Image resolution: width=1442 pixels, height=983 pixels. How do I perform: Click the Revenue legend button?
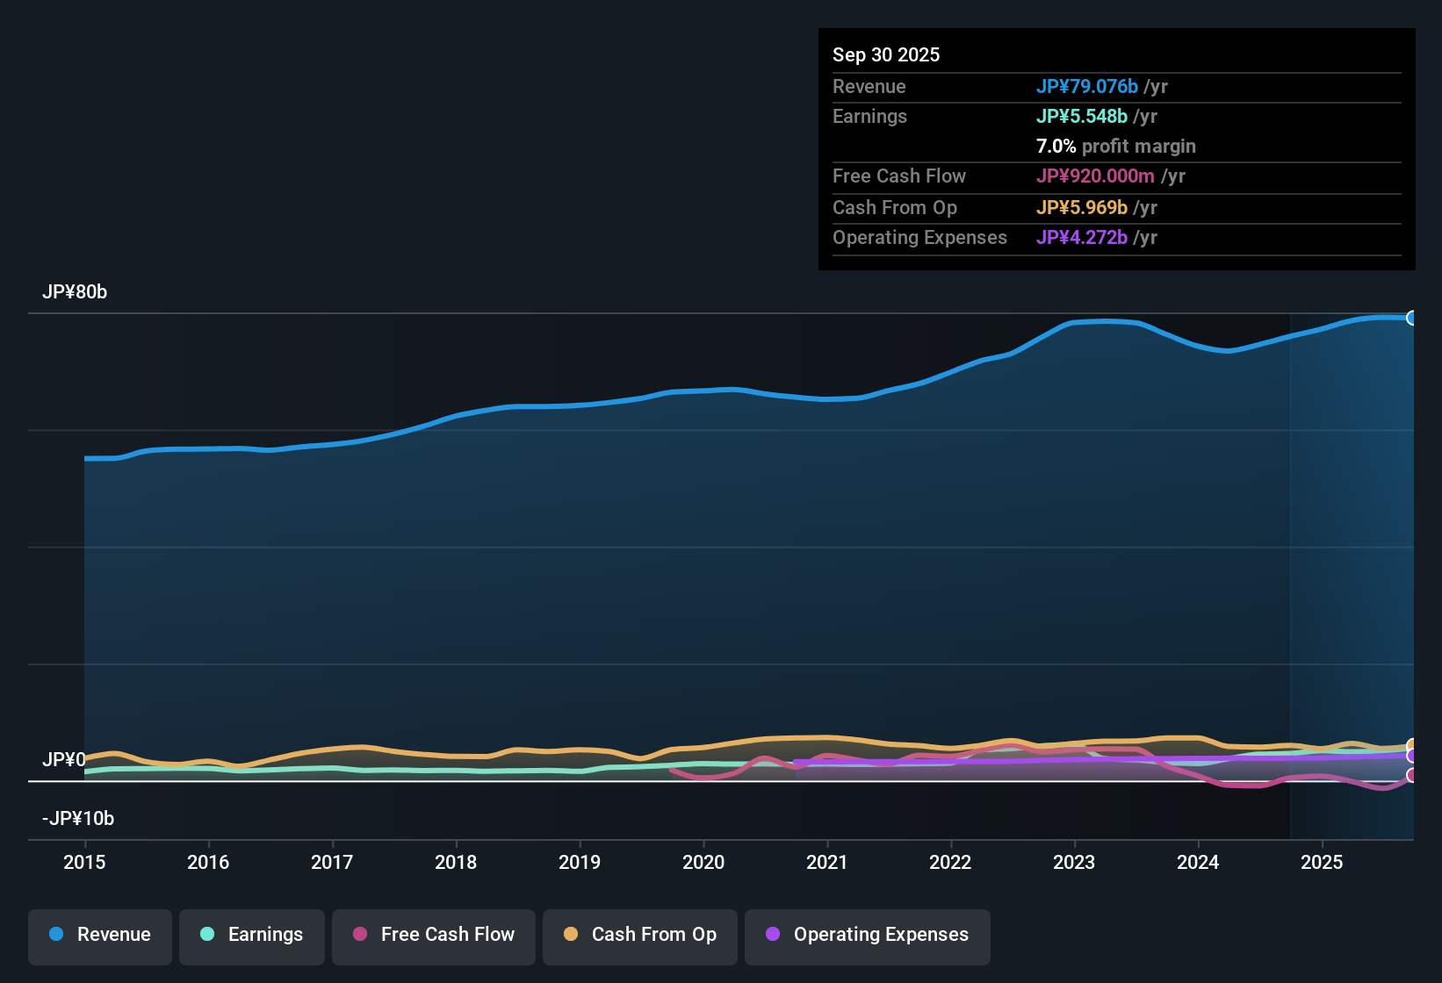pyautogui.click(x=100, y=935)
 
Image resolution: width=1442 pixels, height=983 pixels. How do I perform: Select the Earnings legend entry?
pyautogui.click(x=251, y=935)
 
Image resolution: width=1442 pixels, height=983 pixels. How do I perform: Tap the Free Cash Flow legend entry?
pyautogui.click(x=434, y=935)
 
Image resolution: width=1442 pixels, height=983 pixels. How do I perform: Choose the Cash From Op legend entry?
pyautogui.click(x=640, y=935)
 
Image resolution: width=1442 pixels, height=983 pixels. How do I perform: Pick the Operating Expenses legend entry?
pyautogui.click(x=868, y=935)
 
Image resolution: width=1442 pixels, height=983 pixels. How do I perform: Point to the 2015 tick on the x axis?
pyautogui.click(x=84, y=862)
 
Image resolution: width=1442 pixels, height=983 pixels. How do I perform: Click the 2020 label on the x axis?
pyautogui.click(x=703, y=862)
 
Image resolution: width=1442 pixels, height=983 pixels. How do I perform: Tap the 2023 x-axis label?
pyautogui.click(x=1074, y=862)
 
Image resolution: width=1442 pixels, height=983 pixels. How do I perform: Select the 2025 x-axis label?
pyautogui.click(x=1322, y=862)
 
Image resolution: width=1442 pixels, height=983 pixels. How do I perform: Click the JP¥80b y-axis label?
pyautogui.click(x=75, y=292)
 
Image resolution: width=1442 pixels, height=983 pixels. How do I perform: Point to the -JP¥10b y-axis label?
pyautogui.click(x=78, y=819)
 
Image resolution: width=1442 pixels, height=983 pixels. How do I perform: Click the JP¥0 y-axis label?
pyautogui.click(x=64, y=760)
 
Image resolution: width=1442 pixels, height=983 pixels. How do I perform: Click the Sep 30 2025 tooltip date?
pyautogui.click(x=886, y=55)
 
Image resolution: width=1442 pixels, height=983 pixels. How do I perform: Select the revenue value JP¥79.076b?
pyautogui.click(x=1086, y=87)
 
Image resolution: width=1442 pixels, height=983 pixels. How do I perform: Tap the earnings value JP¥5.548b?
pyautogui.click(x=1081, y=117)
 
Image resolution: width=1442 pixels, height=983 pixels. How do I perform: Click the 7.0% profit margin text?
pyautogui.click(x=1115, y=147)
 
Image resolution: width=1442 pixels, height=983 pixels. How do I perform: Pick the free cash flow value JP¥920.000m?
pyautogui.click(x=1094, y=176)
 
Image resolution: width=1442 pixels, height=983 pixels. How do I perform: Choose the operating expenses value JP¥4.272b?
pyautogui.click(x=1081, y=238)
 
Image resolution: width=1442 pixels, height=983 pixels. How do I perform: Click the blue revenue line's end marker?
pyautogui.click(x=1411, y=318)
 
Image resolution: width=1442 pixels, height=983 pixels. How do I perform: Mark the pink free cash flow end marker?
pyautogui.click(x=1411, y=775)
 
